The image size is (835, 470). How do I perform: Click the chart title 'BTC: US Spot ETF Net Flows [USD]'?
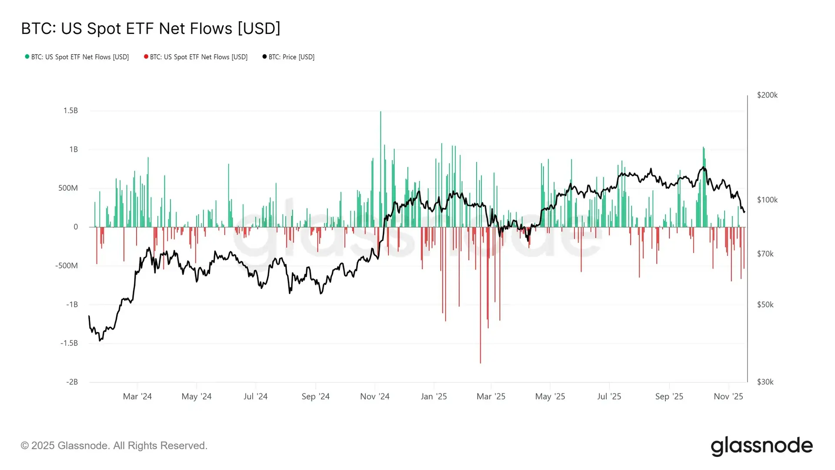pos(150,29)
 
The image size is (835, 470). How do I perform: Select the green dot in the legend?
pos(27,57)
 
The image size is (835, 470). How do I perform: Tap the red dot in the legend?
pos(146,57)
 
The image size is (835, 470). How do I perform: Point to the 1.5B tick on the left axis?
pos(70,111)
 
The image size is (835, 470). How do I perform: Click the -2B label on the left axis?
pos(72,382)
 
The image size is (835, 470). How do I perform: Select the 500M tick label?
pos(68,188)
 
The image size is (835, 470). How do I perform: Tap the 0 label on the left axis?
pos(76,227)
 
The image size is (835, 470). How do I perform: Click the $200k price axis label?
pos(767,95)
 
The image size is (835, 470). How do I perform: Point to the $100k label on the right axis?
pos(767,200)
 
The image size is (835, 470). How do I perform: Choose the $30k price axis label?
pos(765,382)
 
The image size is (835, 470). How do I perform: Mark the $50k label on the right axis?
pos(765,305)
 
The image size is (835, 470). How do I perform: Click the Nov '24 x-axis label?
pos(374,396)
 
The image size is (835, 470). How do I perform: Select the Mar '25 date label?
pos(491,396)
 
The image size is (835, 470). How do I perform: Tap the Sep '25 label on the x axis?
pos(669,396)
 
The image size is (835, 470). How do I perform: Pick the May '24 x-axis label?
pos(196,396)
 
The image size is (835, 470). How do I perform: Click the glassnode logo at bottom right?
pos(762,446)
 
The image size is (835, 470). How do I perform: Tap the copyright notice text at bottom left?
pos(114,446)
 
